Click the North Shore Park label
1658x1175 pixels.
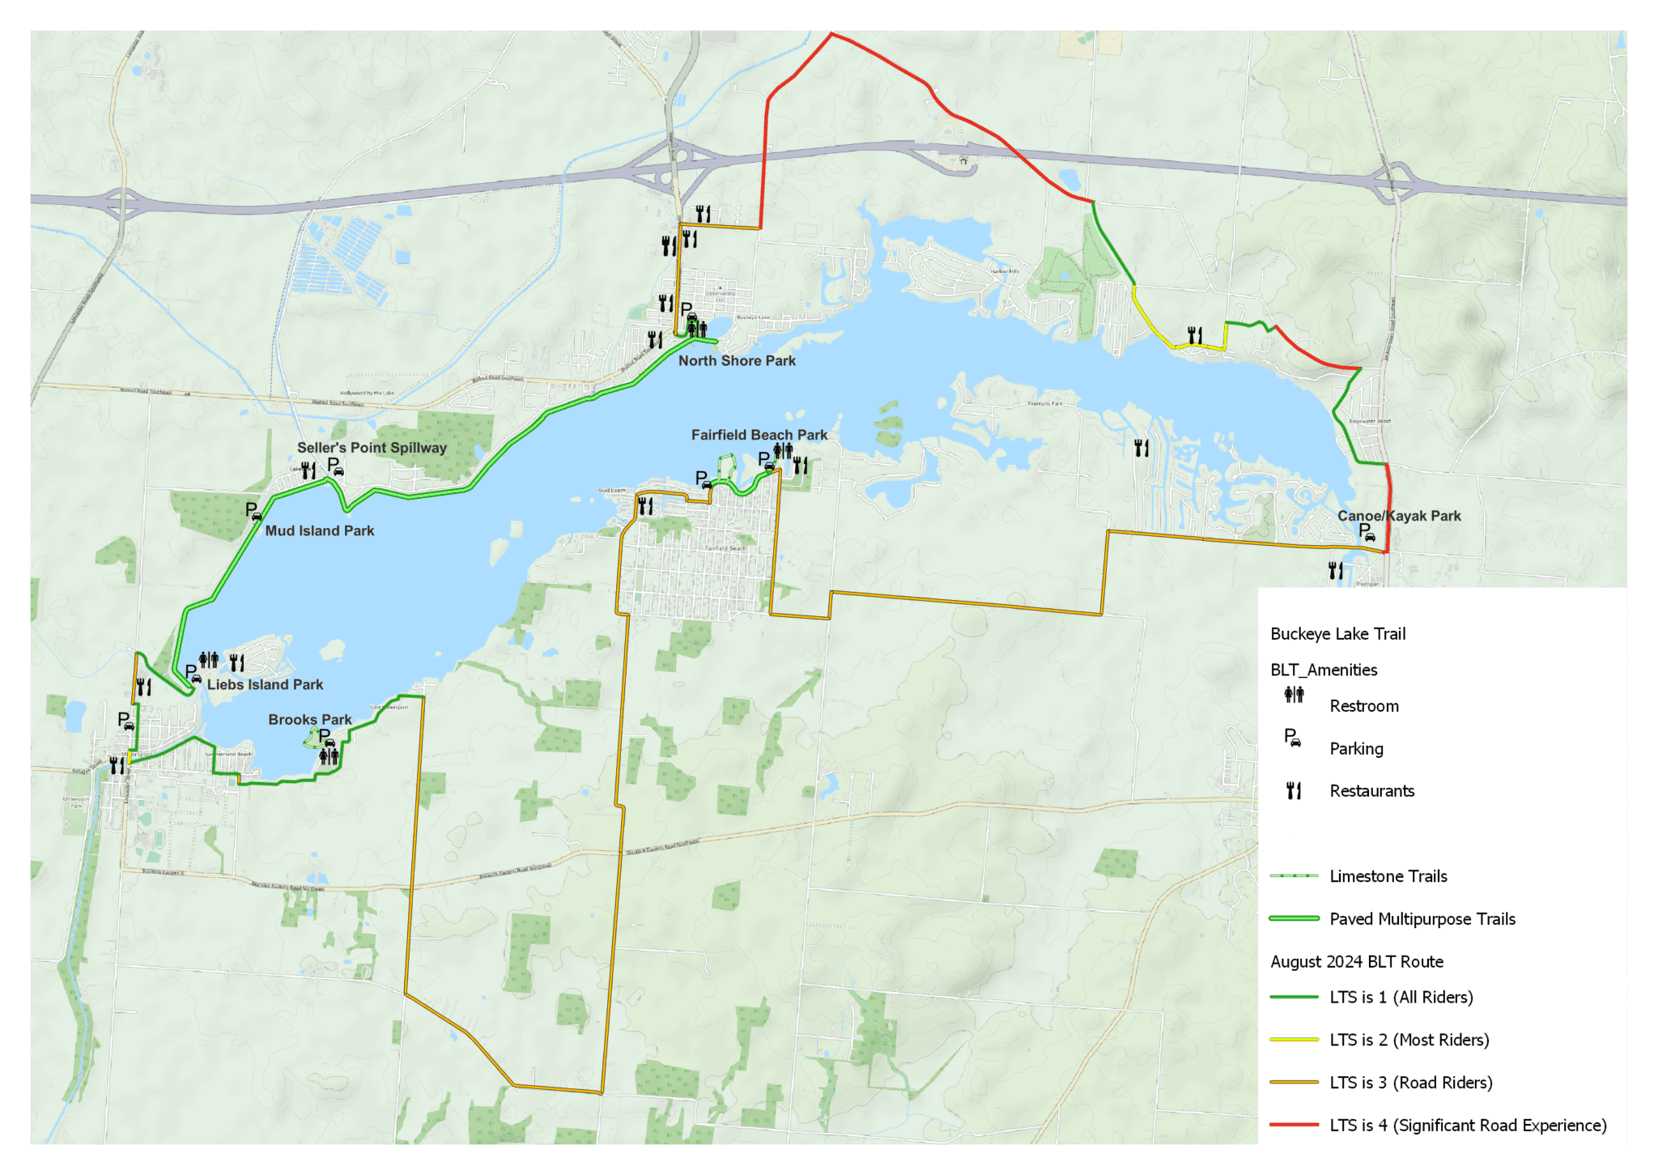coord(736,361)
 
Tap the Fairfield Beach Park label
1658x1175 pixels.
coord(759,436)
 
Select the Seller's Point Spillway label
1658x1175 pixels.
coord(372,448)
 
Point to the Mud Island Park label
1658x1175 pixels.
coord(319,531)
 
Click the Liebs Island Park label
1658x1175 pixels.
coord(265,685)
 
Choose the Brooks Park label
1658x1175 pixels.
coord(309,720)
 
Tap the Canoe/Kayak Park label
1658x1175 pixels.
coord(1398,517)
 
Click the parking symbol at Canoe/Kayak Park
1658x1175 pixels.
coord(1366,532)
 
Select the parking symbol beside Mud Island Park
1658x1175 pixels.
coord(253,511)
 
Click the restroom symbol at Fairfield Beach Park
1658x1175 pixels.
coord(783,450)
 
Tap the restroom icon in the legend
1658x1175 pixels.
coord(1294,695)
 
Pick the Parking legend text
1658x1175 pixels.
coord(1356,749)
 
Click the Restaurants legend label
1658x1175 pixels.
coord(1371,791)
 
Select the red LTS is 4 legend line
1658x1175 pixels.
coord(1294,1125)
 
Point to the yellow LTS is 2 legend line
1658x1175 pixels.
coord(1294,1040)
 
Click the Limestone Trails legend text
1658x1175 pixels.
coord(1388,876)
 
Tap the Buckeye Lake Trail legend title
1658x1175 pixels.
coord(1337,634)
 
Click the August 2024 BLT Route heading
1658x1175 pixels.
coord(1356,962)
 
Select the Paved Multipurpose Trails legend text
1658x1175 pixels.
coord(1422,919)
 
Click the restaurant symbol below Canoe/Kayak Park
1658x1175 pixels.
coord(1336,571)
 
